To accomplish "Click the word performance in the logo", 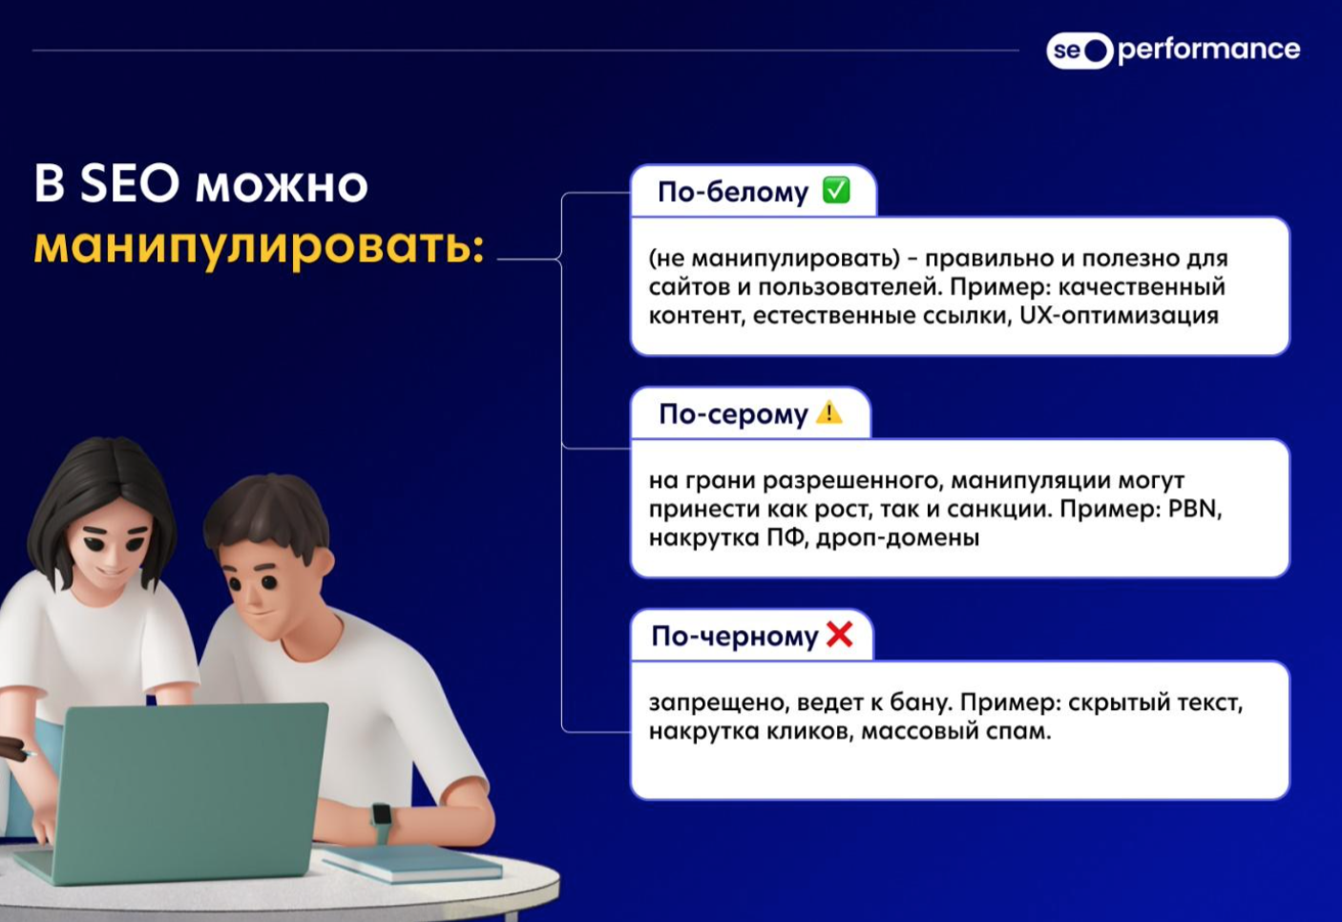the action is point(1208,51).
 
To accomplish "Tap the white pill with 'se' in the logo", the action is point(1080,51).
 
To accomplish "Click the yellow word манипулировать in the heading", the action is point(259,247).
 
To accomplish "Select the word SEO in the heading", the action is point(130,183).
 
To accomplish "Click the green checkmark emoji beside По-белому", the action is point(836,191).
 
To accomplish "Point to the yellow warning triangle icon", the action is point(829,412).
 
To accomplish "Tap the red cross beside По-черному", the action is point(839,634).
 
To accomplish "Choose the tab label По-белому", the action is point(733,192).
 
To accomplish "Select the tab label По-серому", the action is point(733,414).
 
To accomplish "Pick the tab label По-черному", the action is point(735,636).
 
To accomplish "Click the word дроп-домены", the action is point(898,538).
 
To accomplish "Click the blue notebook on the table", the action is point(413,863).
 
